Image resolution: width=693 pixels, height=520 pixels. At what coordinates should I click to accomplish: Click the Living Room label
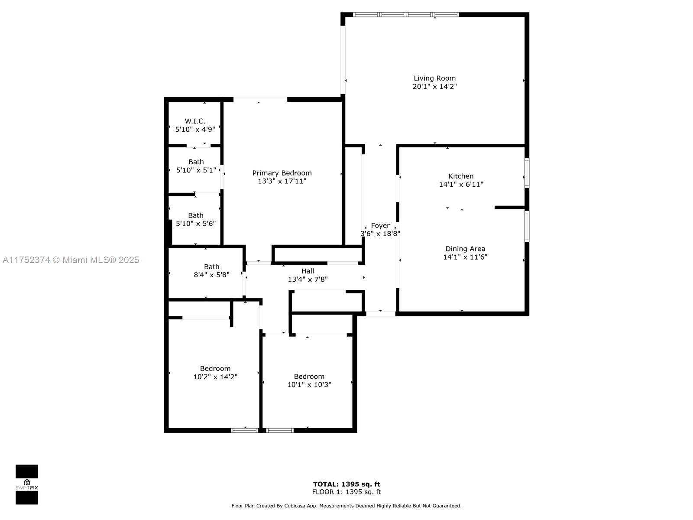434,78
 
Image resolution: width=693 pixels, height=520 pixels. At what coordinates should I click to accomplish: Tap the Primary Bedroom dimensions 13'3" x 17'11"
282,181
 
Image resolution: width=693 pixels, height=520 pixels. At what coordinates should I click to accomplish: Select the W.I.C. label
195,121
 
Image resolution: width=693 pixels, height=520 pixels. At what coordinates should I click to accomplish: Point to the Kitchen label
461,176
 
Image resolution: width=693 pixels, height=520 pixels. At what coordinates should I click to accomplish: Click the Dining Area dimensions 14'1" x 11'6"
465,257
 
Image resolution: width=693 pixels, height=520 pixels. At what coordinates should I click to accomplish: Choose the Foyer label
380,225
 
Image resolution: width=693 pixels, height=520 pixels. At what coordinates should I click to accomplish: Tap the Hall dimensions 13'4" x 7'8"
308,279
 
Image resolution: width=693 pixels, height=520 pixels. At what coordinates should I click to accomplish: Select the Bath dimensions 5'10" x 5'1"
196,170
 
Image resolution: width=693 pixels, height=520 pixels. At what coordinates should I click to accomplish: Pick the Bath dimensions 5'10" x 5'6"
196,224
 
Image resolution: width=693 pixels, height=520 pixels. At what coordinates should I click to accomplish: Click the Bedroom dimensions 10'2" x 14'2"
215,377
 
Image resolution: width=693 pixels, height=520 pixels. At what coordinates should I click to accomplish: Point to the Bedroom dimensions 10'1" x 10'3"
309,384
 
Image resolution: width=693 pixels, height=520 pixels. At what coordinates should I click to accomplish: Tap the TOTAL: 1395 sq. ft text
346,484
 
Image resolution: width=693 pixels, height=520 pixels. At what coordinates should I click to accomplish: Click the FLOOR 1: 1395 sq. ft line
346,492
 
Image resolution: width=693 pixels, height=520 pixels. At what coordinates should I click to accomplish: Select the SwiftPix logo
27,484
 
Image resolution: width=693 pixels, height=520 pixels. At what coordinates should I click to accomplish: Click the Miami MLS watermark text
71,260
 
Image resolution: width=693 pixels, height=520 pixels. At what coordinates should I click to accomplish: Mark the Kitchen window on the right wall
527,173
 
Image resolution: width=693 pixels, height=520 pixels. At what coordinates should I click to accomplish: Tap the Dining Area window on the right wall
527,226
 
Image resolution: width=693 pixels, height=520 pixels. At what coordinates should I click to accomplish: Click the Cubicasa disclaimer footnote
346,506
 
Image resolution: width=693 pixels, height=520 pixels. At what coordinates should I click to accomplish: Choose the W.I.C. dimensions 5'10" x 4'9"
195,129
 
